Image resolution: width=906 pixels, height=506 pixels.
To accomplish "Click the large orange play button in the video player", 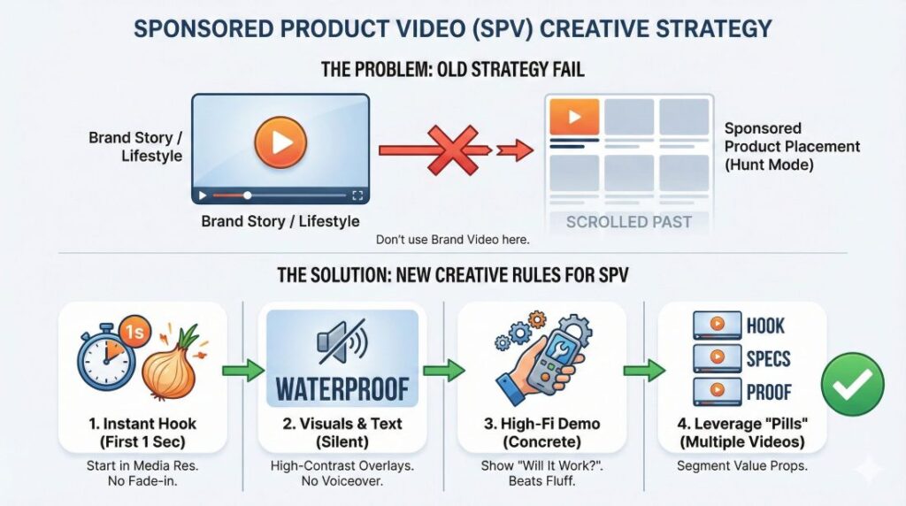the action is pos(280,142).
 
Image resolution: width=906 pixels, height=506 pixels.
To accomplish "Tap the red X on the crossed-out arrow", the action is pos(453,150).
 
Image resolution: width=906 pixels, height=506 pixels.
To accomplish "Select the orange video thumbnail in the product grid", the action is pos(573,117).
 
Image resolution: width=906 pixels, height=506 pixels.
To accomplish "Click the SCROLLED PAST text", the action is pos(629,222).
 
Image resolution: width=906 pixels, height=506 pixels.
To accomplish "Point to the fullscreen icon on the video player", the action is pos(357,195).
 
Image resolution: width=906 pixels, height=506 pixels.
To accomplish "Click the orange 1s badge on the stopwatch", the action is pos(134,332).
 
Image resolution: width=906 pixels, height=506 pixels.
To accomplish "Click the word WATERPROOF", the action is pos(342,388).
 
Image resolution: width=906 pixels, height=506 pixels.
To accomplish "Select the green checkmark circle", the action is pos(852,384).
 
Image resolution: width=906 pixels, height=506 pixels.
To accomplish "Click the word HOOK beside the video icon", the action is pos(765,326).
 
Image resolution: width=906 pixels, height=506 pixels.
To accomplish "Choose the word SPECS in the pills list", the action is pos(768,358).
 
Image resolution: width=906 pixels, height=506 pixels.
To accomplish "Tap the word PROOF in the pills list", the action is pos(769,392).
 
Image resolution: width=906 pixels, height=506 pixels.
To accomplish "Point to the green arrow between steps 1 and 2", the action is pos(242,371).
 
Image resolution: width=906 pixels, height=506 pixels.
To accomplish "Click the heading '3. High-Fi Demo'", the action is pos(542,424).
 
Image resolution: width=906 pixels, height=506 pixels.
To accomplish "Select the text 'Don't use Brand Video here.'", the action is pos(452,239).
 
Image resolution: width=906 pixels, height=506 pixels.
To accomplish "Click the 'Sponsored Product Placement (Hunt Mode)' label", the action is pos(792,147).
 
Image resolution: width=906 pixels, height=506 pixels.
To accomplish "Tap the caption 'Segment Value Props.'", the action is pos(742,465).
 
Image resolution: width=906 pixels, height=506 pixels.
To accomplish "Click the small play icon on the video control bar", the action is pos(203,195).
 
